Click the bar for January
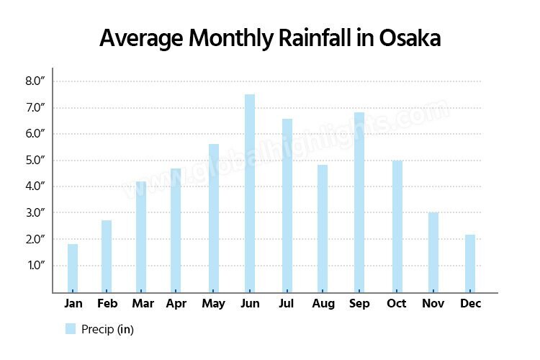[73, 268]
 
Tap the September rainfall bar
[359, 202]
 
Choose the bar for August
[323, 228]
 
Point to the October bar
[397, 226]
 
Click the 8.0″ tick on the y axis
[35, 81]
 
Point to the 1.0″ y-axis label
[35, 266]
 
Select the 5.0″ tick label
[35, 160]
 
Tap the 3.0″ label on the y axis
[35, 213]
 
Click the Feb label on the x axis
[107, 304]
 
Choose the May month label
[214, 304]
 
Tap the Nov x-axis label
[433, 304]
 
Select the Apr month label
[176, 304]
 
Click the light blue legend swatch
[71, 329]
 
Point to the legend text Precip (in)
[107, 329]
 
